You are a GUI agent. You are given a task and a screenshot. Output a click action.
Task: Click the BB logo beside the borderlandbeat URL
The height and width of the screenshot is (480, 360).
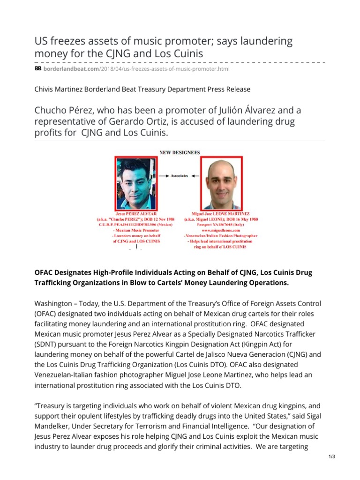coord(38,69)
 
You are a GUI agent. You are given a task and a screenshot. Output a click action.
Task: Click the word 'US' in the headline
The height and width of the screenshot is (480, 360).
coord(43,41)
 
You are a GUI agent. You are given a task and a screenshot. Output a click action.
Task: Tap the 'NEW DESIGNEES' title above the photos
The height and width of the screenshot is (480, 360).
coord(180,152)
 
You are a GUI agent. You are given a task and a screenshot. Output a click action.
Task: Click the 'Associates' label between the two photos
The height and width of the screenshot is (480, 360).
coord(180,176)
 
